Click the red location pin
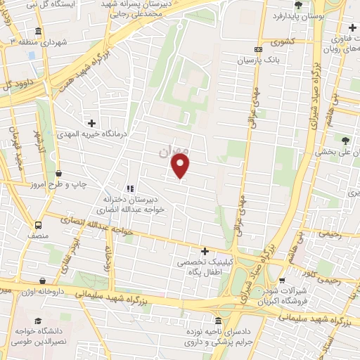click(x=181, y=166)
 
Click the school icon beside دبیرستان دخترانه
click(x=129, y=188)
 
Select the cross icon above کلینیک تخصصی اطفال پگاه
click(x=205, y=251)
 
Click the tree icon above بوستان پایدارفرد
click(x=298, y=5)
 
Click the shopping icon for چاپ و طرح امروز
click(x=58, y=173)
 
